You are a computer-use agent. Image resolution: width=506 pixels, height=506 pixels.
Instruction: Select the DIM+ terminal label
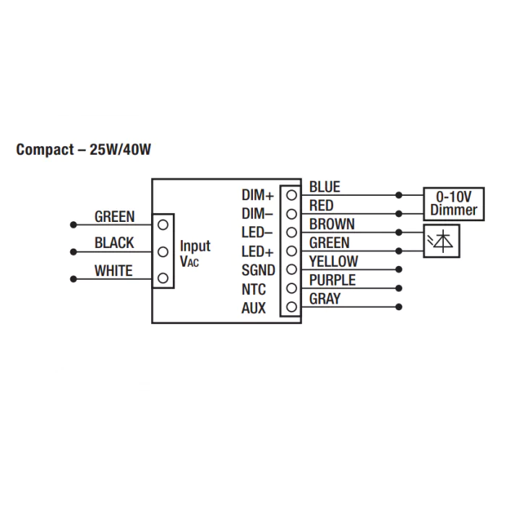(x=258, y=195)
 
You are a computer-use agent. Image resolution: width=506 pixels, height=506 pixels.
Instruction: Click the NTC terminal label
(x=254, y=289)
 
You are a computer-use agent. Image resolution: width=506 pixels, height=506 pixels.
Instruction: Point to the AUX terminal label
(x=254, y=308)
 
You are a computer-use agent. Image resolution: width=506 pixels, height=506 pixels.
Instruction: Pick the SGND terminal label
(x=258, y=270)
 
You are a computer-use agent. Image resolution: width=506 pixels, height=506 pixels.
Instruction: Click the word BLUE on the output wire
(x=325, y=186)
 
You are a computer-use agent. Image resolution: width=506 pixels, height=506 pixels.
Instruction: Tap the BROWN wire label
(x=332, y=224)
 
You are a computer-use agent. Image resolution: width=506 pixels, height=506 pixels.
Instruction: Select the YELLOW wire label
(x=334, y=262)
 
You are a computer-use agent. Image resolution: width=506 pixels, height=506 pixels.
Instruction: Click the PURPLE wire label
(x=333, y=280)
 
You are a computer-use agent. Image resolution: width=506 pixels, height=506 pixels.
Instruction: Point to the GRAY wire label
(x=325, y=299)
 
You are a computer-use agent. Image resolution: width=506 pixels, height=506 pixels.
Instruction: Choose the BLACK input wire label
(x=114, y=243)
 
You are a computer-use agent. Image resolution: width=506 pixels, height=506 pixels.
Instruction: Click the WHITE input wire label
(x=113, y=271)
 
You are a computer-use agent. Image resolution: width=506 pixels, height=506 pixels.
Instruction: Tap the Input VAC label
(x=195, y=253)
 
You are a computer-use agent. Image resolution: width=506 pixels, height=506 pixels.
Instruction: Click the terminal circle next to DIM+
(x=291, y=195)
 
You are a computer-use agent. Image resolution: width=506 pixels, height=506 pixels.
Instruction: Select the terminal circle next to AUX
(x=291, y=307)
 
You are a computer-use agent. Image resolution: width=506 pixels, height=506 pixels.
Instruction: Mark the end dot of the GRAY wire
(x=399, y=307)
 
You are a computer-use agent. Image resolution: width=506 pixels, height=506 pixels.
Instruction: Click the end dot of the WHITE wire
(x=74, y=279)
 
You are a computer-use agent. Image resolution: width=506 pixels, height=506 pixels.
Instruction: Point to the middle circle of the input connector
(x=163, y=252)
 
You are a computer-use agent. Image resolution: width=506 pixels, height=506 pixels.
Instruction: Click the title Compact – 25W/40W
(x=84, y=150)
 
